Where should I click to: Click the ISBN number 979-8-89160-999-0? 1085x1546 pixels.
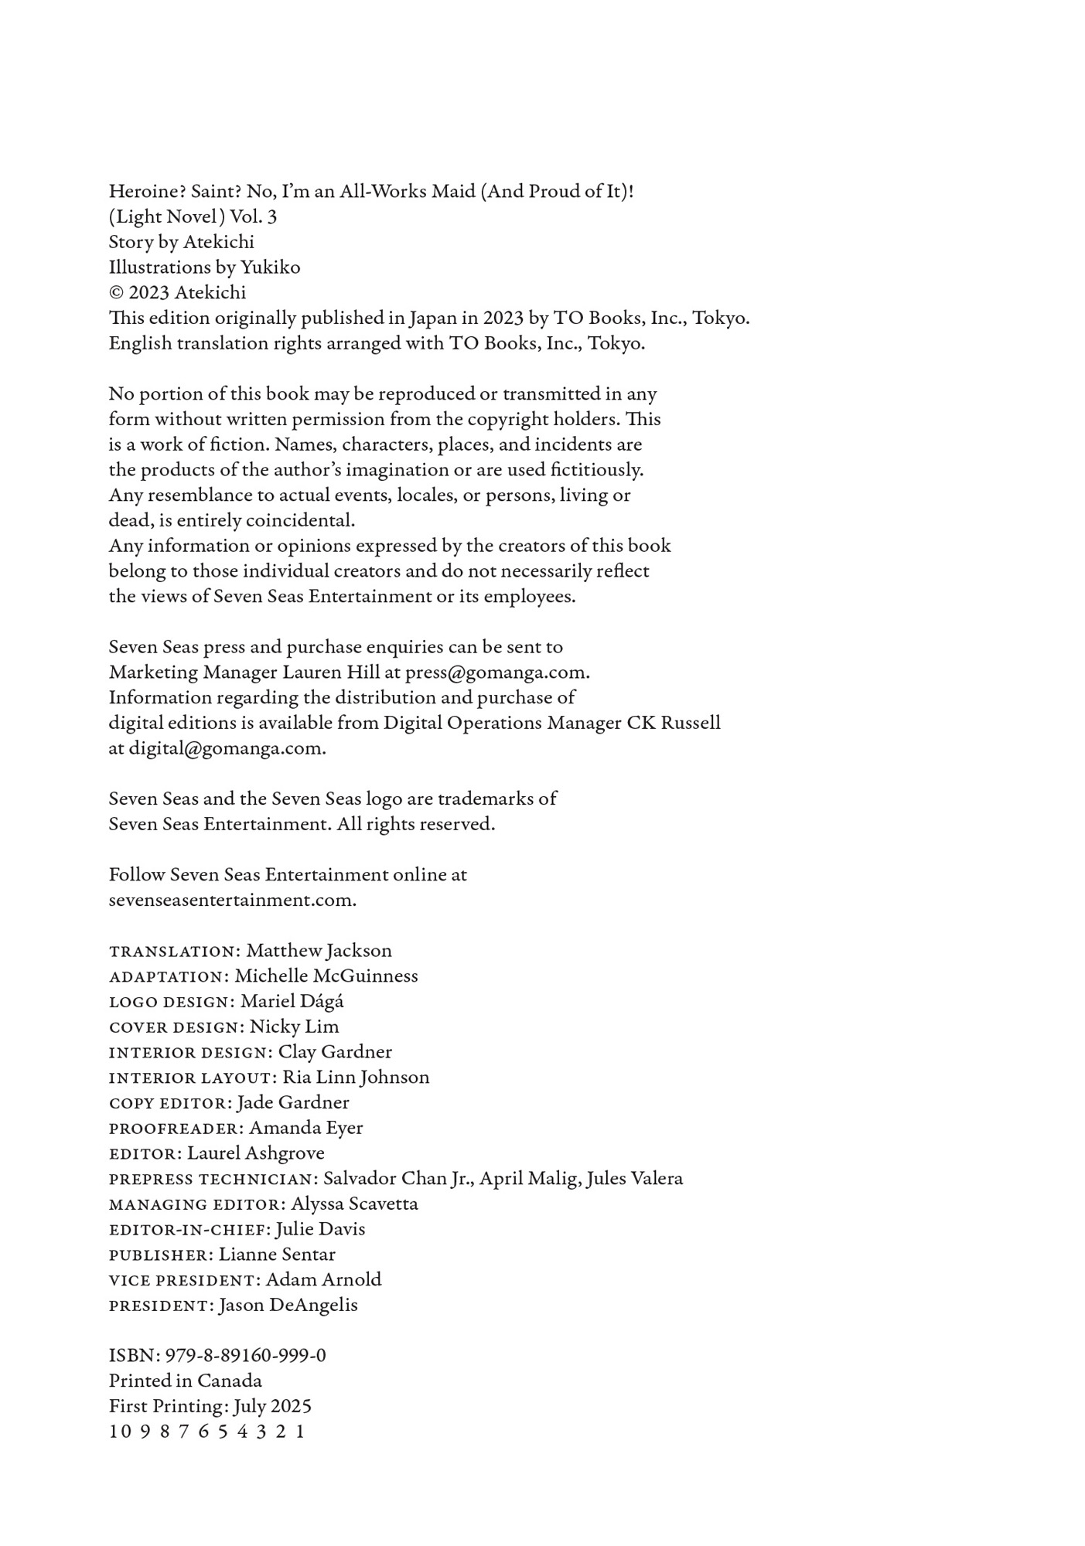pos(245,1355)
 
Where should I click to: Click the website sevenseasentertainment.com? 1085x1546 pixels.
pos(232,900)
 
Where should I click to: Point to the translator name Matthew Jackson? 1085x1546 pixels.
pos(319,950)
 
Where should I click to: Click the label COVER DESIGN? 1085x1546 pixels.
pos(176,1027)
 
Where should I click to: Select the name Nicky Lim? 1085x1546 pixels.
pos(294,1026)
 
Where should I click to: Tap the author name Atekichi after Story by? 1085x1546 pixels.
pos(219,242)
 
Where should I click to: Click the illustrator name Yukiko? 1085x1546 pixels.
pos(270,267)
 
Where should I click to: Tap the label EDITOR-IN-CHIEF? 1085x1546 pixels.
pos(186,1229)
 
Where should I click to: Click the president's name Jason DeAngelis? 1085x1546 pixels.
pos(288,1305)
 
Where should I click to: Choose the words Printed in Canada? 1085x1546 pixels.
pos(185,1381)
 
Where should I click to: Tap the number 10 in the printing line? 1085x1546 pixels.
pos(120,1432)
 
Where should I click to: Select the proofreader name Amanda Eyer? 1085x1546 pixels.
pos(305,1128)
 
